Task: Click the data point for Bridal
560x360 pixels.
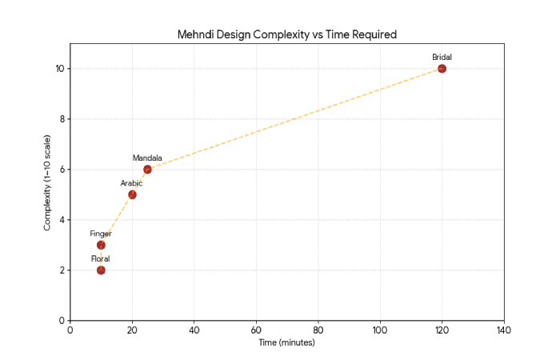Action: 442,69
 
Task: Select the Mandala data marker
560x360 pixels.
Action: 147,170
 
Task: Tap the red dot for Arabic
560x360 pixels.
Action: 132,194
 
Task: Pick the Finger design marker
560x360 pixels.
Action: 101,245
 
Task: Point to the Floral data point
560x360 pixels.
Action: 101,270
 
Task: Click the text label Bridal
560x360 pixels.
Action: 442,57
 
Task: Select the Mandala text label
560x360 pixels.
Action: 147,158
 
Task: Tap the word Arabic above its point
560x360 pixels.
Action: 131,183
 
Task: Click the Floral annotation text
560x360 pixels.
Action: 101,258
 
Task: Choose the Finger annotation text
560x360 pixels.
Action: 101,234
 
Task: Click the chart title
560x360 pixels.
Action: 286,35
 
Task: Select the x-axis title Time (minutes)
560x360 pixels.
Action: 286,342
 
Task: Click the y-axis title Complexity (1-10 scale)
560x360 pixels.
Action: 47,194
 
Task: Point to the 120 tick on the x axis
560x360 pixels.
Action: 442,330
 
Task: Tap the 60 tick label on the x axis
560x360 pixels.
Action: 256,330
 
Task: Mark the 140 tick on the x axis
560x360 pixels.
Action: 503,330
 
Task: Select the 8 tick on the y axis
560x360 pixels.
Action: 62,119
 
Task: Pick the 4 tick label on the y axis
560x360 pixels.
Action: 62,220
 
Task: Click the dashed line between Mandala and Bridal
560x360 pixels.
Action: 294,119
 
